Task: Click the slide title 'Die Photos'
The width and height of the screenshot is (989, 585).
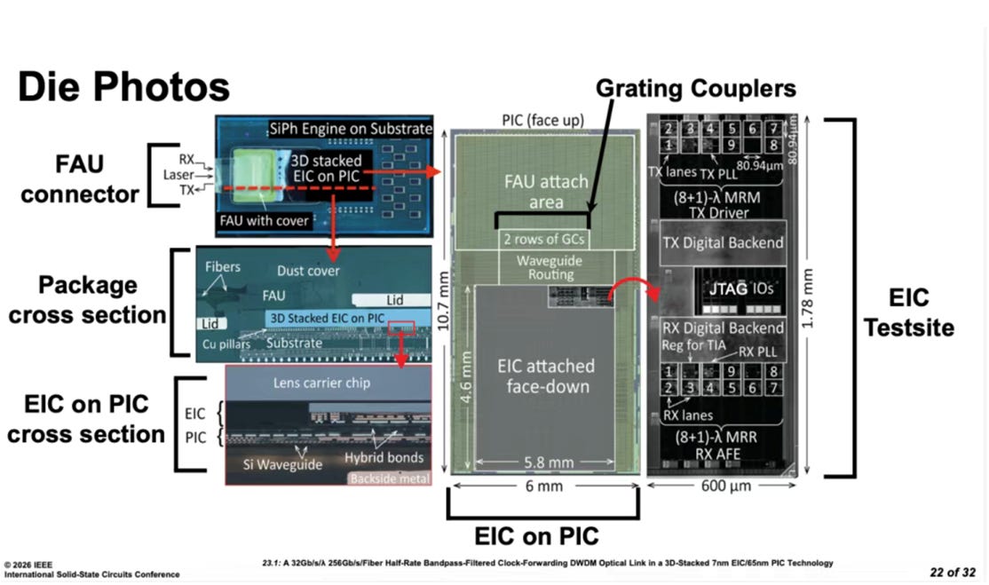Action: (123, 89)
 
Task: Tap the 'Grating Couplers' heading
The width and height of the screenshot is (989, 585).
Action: (696, 88)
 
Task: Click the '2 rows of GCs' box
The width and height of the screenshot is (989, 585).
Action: (542, 239)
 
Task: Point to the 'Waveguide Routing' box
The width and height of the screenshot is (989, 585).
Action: (542, 269)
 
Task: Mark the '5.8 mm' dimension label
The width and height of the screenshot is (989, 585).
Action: (542, 462)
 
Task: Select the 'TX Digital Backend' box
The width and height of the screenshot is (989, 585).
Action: (724, 242)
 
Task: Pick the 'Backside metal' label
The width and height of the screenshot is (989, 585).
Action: (387, 478)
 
